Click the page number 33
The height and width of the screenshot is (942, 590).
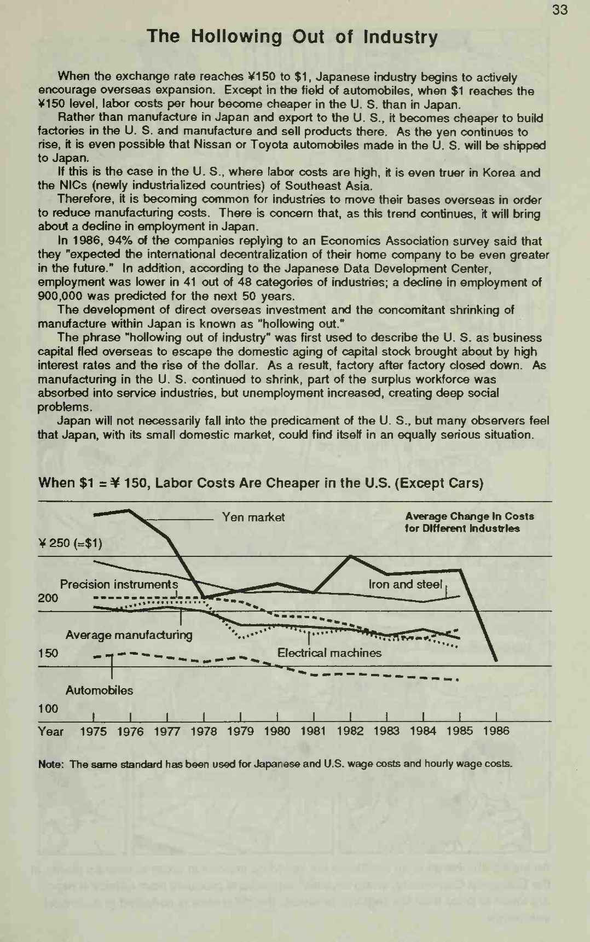tap(560, 10)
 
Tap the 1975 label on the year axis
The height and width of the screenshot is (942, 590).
tap(94, 731)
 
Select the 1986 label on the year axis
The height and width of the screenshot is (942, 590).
tap(496, 731)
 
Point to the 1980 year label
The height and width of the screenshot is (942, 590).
tap(277, 731)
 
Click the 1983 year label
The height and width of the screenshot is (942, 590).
tap(386, 731)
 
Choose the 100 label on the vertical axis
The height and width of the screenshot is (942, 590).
tap(48, 709)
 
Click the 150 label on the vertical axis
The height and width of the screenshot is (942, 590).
tap(48, 653)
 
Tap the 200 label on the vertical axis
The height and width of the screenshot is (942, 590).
tap(48, 598)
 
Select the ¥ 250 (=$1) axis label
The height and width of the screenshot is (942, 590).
tap(70, 543)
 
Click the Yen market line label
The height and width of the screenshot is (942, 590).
tap(253, 517)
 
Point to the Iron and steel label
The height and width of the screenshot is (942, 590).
tap(405, 584)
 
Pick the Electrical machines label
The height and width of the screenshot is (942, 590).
tap(329, 653)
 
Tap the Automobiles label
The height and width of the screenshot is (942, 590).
tap(99, 690)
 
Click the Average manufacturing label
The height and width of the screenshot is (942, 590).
tap(129, 635)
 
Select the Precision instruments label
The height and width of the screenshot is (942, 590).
tap(119, 584)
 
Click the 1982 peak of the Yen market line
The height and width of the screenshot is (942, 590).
tap(350, 556)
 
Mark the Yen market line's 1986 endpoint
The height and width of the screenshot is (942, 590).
tap(495, 660)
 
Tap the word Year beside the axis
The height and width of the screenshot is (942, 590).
tap(50, 731)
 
